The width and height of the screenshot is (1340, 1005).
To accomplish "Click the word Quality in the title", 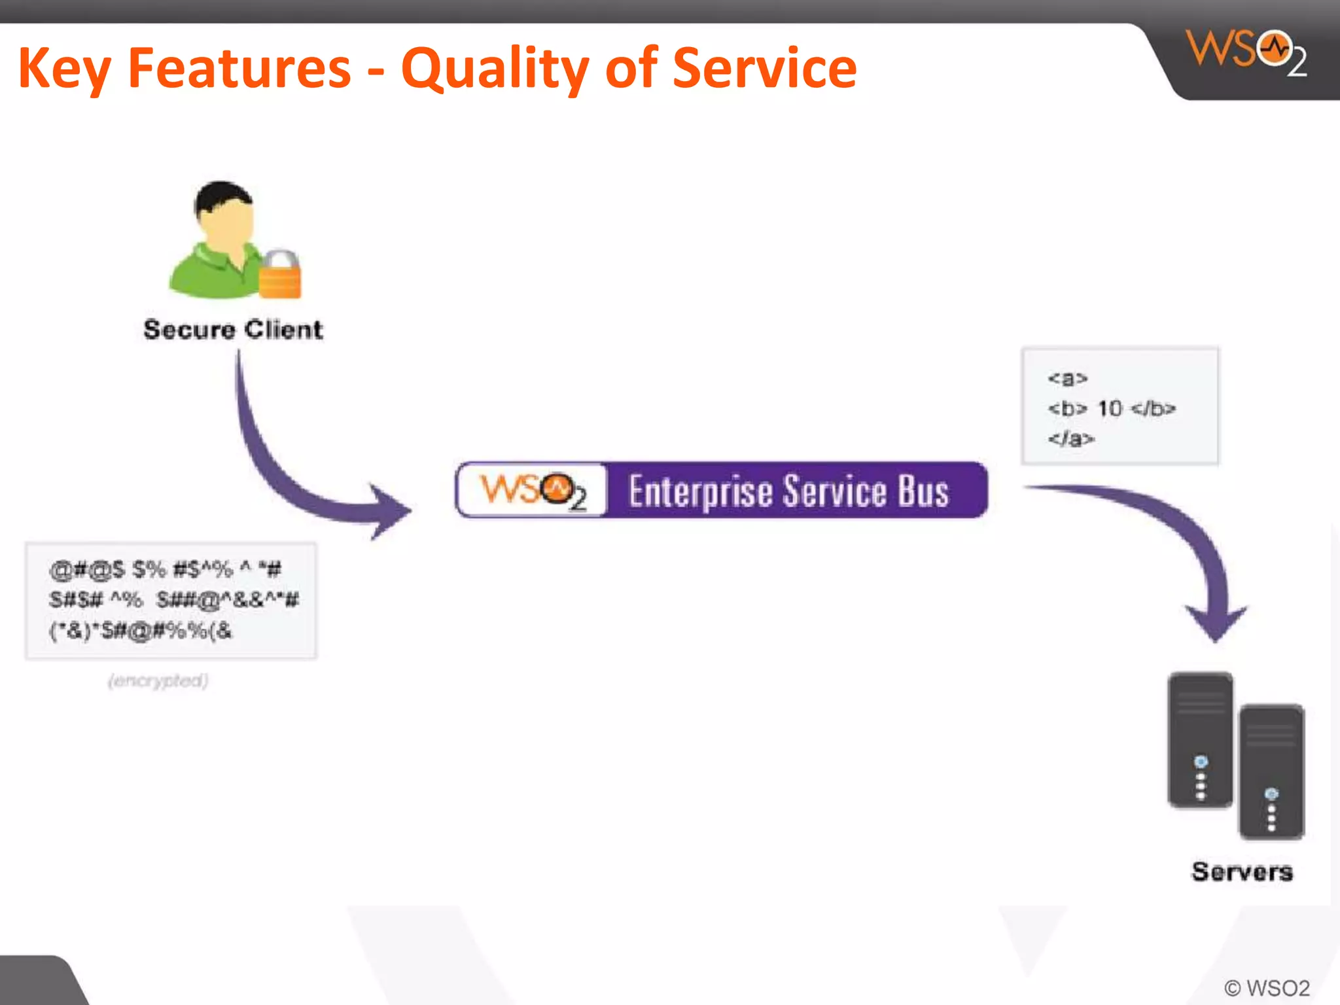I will tap(494, 69).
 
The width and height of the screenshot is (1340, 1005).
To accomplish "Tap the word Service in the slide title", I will tap(764, 68).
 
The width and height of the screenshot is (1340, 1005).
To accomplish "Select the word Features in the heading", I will tap(239, 68).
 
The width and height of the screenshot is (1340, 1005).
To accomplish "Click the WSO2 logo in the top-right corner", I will tap(1246, 52).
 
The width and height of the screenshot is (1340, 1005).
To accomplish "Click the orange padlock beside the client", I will tap(280, 275).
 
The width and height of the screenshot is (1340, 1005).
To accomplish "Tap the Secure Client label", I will tap(233, 329).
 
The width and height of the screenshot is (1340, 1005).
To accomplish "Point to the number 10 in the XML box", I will tap(1110, 408).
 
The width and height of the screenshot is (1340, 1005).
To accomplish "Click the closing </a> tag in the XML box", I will tap(1070, 438).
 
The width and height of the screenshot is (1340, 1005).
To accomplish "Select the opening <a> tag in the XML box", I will tap(1067, 378).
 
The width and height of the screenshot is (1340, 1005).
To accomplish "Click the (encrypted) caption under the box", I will tap(158, 681).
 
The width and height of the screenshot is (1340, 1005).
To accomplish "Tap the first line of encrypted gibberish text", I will tap(165, 569).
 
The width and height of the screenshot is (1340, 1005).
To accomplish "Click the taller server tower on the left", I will tap(1200, 739).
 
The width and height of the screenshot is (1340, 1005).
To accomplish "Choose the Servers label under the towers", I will tap(1242, 872).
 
